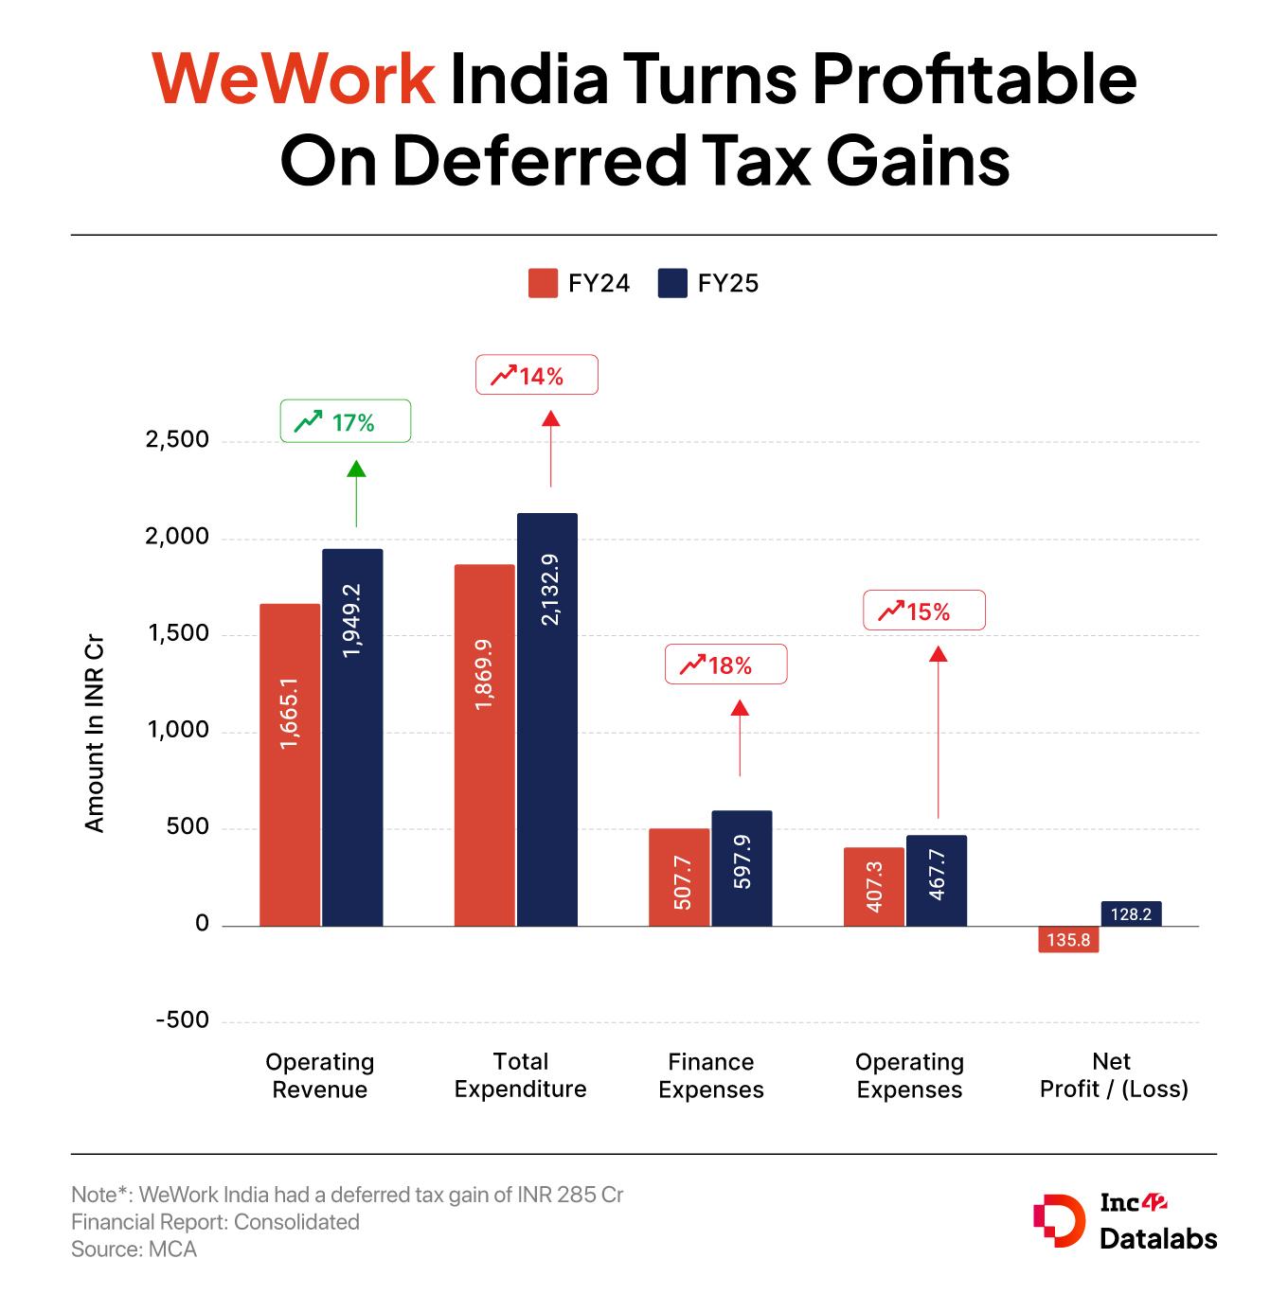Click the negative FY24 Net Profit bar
[x=1069, y=939]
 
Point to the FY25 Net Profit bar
[x=1131, y=913]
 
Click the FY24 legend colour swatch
[x=543, y=284]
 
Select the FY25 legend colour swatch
[x=671, y=284]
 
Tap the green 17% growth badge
[x=346, y=422]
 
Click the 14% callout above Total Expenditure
[x=536, y=375]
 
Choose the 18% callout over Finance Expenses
[x=725, y=665]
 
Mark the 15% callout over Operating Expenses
[x=923, y=611]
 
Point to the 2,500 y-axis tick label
[x=178, y=440]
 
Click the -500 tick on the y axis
[x=182, y=1020]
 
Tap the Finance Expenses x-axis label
[x=711, y=1075]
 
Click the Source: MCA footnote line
[x=134, y=1249]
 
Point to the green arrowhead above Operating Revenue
[x=356, y=469]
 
